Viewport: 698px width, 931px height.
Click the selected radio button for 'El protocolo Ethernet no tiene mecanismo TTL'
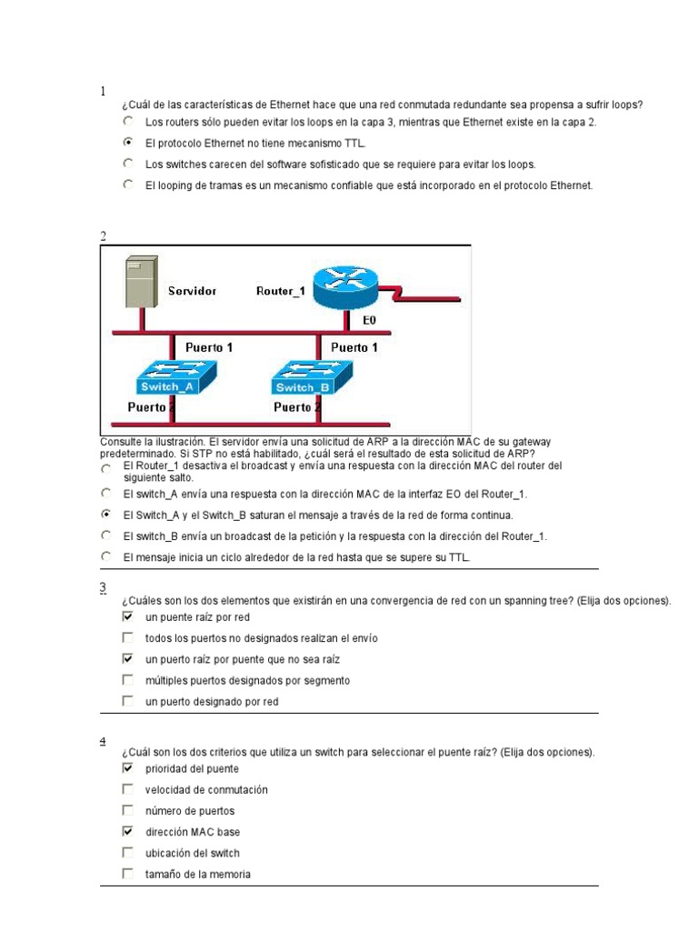[127, 143]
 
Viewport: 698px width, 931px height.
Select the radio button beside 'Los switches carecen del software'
[127, 164]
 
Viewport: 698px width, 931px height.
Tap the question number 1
[103, 91]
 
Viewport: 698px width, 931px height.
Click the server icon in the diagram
[142, 281]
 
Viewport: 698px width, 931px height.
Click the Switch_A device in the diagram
[172, 376]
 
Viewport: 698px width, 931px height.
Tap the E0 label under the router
[369, 321]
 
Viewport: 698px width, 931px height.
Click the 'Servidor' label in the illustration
[192, 291]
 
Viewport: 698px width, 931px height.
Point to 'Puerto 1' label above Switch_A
[209, 347]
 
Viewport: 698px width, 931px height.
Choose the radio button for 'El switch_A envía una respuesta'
[106, 493]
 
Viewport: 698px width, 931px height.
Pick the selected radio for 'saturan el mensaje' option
[106, 514]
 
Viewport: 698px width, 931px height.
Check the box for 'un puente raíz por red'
[127, 616]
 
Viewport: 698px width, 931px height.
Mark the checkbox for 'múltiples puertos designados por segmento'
[127, 680]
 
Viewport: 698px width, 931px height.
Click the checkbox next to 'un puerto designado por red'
[127, 701]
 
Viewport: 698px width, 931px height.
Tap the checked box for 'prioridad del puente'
[127, 768]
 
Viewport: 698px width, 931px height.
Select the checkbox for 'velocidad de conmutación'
[127, 789]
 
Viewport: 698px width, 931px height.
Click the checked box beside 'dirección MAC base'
[127, 831]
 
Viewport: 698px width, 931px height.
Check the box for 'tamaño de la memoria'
[127, 874]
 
